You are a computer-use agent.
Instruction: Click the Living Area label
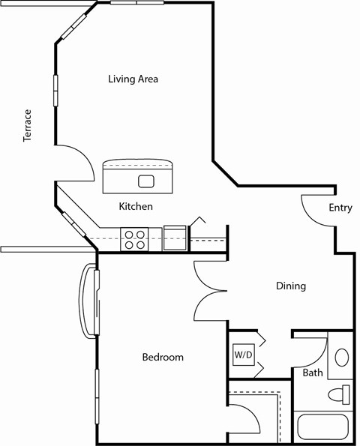click(133, 79)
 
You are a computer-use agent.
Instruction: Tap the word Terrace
click(28, 125)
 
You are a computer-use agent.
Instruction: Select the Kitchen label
click(136, 206)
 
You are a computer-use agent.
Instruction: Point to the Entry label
click(340, 208)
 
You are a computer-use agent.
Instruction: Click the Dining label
click(290, 286)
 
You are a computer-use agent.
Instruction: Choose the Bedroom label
click(163, 358)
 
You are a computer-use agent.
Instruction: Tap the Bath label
click(313, 373)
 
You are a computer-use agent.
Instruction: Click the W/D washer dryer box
click(243, 354)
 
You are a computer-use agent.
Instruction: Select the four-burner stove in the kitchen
click(136, 239)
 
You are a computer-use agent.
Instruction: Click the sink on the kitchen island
click(145, 181)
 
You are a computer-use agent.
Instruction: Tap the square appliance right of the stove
click(175, 236)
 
